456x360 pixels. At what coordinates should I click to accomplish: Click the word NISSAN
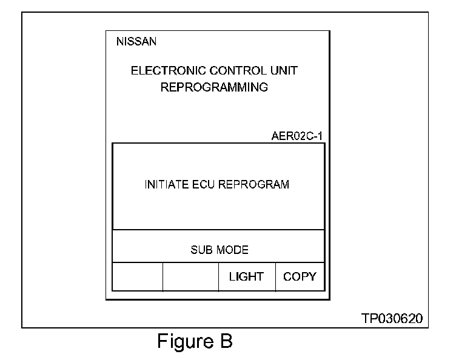136,42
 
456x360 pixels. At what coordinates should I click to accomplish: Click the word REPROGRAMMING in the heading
214,87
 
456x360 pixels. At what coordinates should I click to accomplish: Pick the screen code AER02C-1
297,136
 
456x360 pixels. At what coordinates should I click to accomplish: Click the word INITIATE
164,184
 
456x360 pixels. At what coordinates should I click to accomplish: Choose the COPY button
300,277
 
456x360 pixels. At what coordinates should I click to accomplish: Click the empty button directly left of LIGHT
190,277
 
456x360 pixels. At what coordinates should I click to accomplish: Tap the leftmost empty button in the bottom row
138,277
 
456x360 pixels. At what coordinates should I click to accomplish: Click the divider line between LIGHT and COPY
275,277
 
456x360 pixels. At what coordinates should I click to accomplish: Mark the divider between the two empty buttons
163,277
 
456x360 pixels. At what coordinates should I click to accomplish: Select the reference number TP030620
392,318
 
